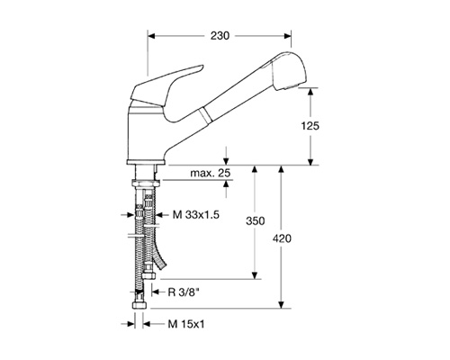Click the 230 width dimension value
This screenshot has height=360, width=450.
pos(220,36)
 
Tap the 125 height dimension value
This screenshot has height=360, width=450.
pos(310,126)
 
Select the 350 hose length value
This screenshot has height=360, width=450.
pos(256,221)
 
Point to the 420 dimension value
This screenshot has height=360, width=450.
pos(282,238)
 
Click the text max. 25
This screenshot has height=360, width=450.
pos(210,173)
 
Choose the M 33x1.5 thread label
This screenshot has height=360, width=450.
pos(196,215)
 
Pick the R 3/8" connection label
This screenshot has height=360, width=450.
pos(184,292)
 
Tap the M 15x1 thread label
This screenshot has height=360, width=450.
pos(186,324)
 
